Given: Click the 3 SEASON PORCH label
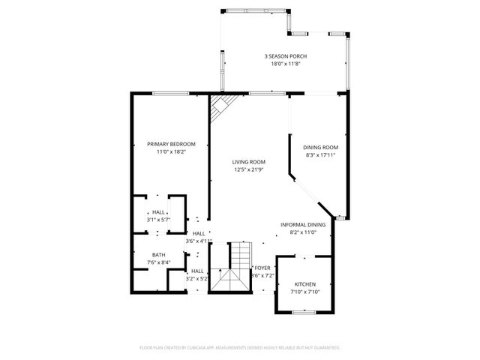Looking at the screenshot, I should click(285, 56).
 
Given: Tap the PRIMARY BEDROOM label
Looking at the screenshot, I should click(171, 144).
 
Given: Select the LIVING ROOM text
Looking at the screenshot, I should click(248, 161).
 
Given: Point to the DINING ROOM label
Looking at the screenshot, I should click(320, 147).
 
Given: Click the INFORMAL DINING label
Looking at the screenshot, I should click(303, 225).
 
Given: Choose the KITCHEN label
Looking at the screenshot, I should click(304, 284).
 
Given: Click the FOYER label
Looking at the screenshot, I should click(262, 268).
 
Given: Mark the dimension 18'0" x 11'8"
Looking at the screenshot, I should click(285, 64).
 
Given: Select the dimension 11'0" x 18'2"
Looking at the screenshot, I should click(171, 151).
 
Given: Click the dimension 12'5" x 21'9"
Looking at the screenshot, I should click(248, 169).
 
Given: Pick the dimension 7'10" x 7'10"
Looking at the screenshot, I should click(304, 292).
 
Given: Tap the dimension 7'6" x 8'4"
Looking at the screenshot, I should click(158, 262).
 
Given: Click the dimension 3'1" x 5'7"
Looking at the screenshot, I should click(158, 220).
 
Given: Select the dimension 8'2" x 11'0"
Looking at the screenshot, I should click(303, 232).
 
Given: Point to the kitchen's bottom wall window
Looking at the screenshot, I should click(303, 310).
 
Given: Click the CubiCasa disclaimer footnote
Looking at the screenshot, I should click(240, 348).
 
